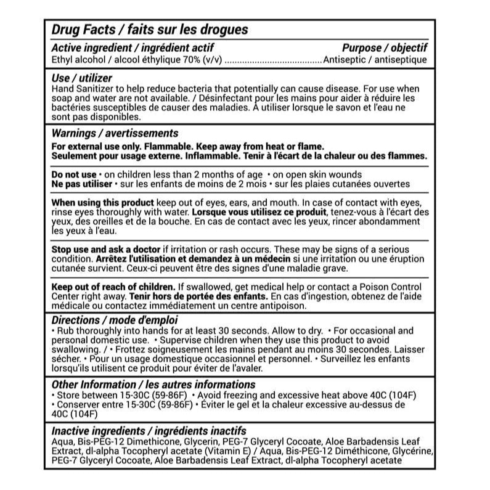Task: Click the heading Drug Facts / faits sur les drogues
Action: click(149, 30)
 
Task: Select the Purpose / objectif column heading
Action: click(385, 49)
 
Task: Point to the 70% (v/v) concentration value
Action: click(200, 60)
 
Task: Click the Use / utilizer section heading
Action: click(82, 79)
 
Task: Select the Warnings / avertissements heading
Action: click(115, 133)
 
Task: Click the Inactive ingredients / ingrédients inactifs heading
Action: click(149, 431)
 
